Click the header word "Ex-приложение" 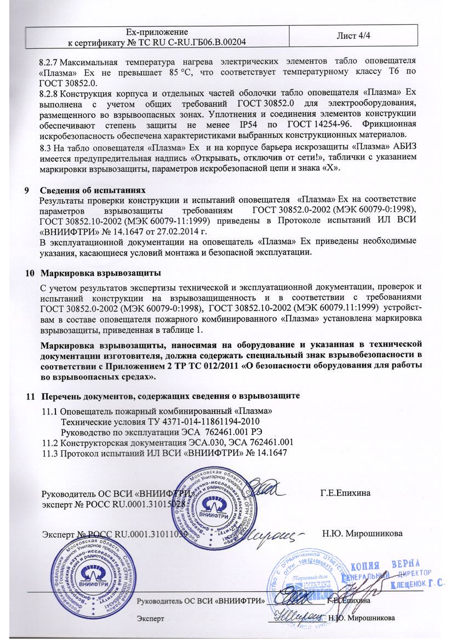tap(157, 31)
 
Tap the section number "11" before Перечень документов tap(31, 395)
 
